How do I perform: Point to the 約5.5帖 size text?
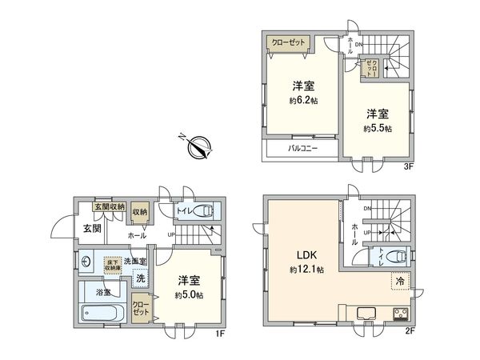coord(376,127)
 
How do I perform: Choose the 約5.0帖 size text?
coord(189,294)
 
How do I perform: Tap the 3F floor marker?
coord(407,166)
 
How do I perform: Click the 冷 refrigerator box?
coord(398,281)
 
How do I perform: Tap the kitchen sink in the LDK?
coord(366,312)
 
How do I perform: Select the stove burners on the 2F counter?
coord(399,312)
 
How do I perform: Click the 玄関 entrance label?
coord(91,229)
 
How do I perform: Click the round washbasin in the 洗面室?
coord(86,259)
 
